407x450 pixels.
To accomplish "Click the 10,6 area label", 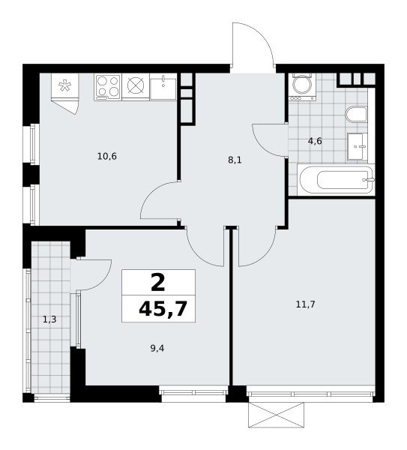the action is pyautogui.click(x=107, y=157).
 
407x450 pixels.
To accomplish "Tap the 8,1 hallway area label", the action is pyautogui.click(x=235, y=160).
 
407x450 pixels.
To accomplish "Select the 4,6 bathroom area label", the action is pyautogui.click(x=315, y=141).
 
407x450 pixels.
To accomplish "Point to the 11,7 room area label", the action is pyautogui.click(x=306, y=304).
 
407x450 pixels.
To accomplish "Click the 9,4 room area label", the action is pyautogui.click(x=157, y=349).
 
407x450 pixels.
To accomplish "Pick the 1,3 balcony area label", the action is pyautogui.click(x=49, y=319).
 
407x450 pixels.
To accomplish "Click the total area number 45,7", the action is pyautogui.click(x=163, y=309).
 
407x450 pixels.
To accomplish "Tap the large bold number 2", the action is pyautogui.click(x=157, y=282).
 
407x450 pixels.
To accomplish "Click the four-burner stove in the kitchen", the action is pyautogui.click(x=107, y=86).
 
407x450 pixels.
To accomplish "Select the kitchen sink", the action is pyautogui.click(x=163, y=86).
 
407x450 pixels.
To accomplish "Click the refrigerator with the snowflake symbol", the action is pyautogui.click(x=64, y=94).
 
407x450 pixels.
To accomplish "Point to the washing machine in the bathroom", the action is pyautogui.click(x=302, y=87).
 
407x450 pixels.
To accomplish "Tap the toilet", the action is pyautogui.click(x=357, y=114).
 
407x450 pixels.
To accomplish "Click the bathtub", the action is pyautogui.click(x=336, y=179).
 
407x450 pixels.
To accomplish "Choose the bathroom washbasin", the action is pyautogui.click(x=357, y=146).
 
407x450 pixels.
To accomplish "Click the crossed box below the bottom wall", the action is pyautogui.click(x=276, y=415).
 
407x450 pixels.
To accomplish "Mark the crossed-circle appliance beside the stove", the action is pyautogui.click(x=136, y=86).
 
